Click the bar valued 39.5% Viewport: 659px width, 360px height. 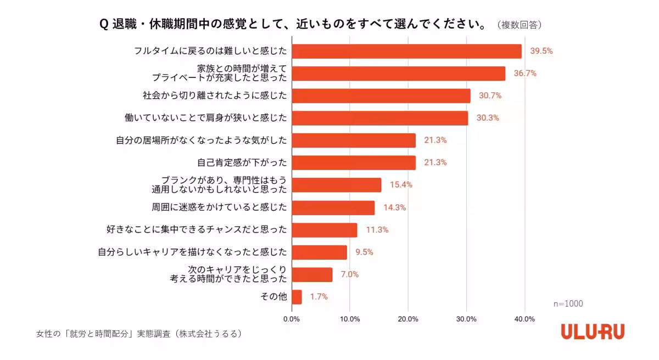tap(406, 51)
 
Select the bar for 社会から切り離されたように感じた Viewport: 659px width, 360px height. tap(381, 95)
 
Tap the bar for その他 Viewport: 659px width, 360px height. tap(297, 297)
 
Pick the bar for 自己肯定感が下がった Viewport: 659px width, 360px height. tap(353, 162)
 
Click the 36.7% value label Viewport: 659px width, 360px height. tap(525, 74)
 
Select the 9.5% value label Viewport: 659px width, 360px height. tap(364, 252)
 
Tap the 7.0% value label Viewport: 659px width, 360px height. tap(349, 274)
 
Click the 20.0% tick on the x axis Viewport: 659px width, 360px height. tap(408, 319)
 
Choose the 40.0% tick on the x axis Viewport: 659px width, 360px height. tap(524, 319)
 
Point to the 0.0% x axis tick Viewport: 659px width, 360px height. tap(292, 319)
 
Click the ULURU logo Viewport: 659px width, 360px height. tap(593, 331)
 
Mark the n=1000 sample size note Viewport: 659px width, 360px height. tap(568, 303)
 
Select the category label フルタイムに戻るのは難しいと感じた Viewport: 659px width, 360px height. tap(211, 51)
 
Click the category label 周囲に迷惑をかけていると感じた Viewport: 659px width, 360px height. tap(219, 207)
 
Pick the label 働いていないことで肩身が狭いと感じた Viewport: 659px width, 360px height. tap(206, 118)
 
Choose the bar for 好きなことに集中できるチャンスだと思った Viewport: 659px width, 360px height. tap(324, 230)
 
